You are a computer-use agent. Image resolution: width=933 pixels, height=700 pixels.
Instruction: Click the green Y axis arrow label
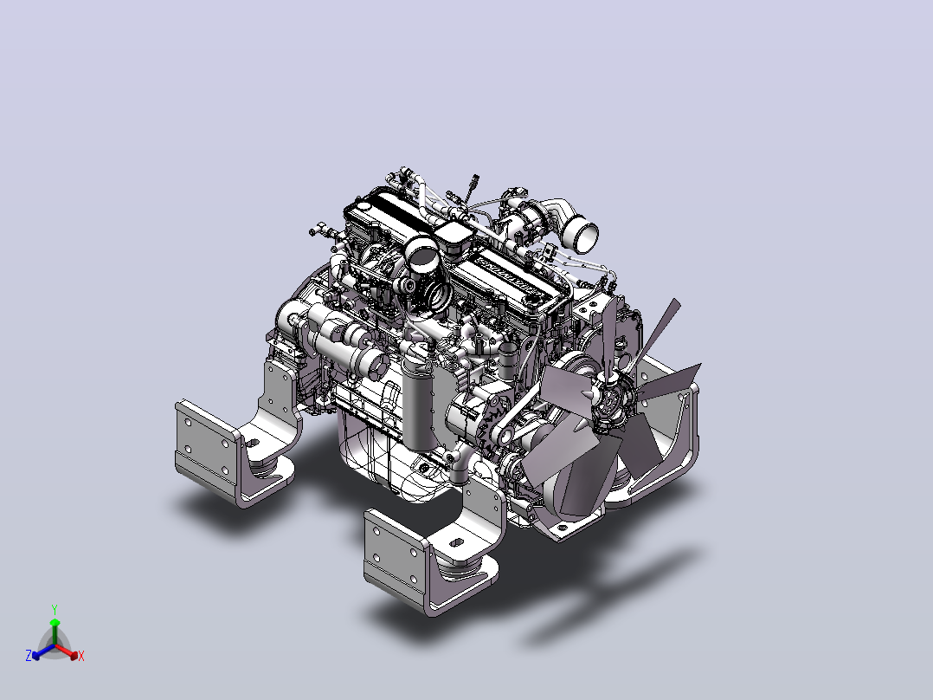[55, 609]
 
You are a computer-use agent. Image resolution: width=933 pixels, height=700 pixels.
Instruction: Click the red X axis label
[81, 656]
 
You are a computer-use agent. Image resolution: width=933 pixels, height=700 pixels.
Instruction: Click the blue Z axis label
[29, 655]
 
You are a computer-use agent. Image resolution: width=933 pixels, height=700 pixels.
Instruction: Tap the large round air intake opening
[423, 254]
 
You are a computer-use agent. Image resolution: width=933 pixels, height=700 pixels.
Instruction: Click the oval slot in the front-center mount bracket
[457, 542]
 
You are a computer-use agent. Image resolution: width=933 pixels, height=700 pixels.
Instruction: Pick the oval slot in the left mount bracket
[253, 444]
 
